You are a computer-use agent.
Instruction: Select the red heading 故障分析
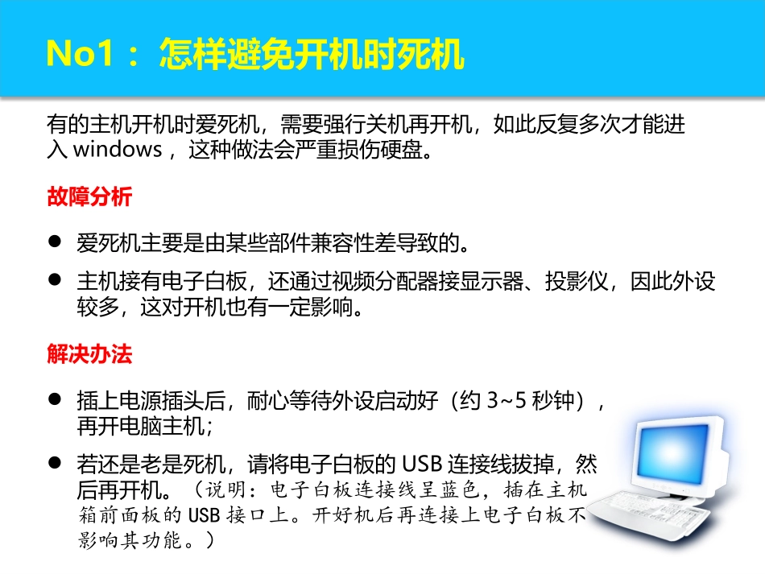pos(89,197)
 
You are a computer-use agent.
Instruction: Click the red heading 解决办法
pos(89,353)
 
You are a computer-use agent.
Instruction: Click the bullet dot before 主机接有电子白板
pos(55,280)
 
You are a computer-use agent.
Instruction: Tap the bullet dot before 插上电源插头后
pos(55,398)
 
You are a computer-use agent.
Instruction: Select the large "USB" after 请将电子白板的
pos(423,465)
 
